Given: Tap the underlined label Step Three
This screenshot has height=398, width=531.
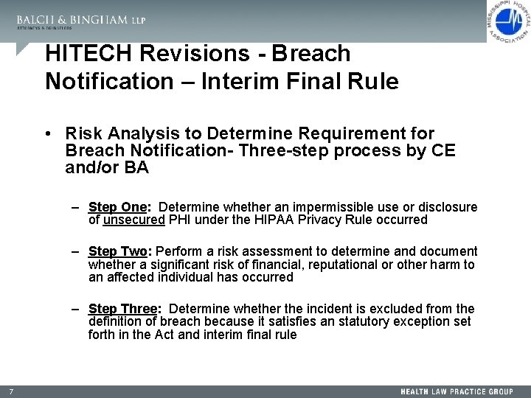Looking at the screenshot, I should pyautogui.click(x=122, y=309).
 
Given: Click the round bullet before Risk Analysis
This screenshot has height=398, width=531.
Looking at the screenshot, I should pyautogui.click(x=46, y=134).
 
